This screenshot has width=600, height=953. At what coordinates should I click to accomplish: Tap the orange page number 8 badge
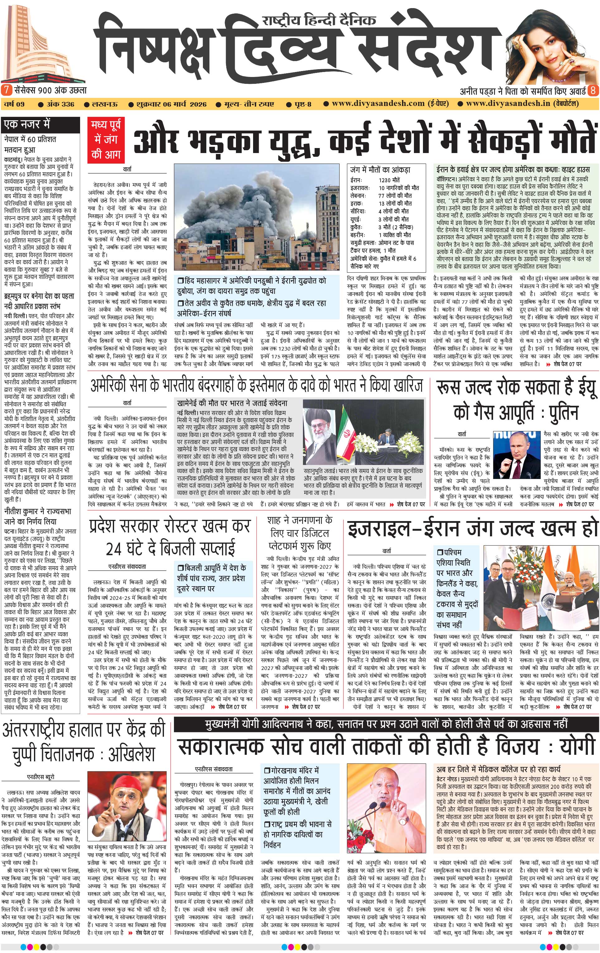point(593,90)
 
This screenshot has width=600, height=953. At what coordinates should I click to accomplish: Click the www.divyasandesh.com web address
point(378,104)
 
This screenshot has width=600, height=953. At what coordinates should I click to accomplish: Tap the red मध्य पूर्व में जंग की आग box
point(106,139)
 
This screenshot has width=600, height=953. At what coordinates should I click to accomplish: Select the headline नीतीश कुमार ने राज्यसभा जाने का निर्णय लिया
point(38,516)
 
